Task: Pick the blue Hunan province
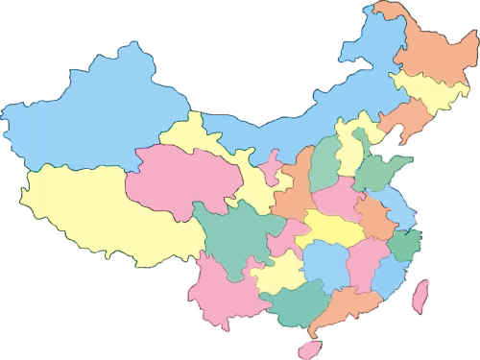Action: click(322, 264)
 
